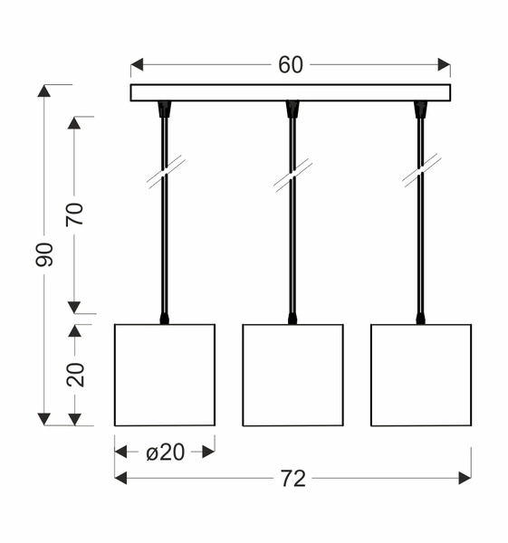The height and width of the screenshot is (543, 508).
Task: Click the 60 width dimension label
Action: [291, 65]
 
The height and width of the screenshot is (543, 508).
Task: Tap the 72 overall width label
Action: [293, 479]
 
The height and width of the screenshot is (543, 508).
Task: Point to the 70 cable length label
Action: [75, 214]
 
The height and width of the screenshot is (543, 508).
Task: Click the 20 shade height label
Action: [76, 374]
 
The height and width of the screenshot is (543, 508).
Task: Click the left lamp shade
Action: [165, 375]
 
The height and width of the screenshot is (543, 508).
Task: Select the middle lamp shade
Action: [292, 375]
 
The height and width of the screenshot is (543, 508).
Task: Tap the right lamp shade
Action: [421, 375]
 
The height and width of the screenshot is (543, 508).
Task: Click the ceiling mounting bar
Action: [291, 92]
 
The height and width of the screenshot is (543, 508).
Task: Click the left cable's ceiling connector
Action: [164, 110]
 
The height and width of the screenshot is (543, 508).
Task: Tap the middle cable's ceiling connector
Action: [292, 110]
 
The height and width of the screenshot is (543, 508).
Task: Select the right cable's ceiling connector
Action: [420, 110]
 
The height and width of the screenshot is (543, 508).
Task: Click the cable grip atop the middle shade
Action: [292, 318]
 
